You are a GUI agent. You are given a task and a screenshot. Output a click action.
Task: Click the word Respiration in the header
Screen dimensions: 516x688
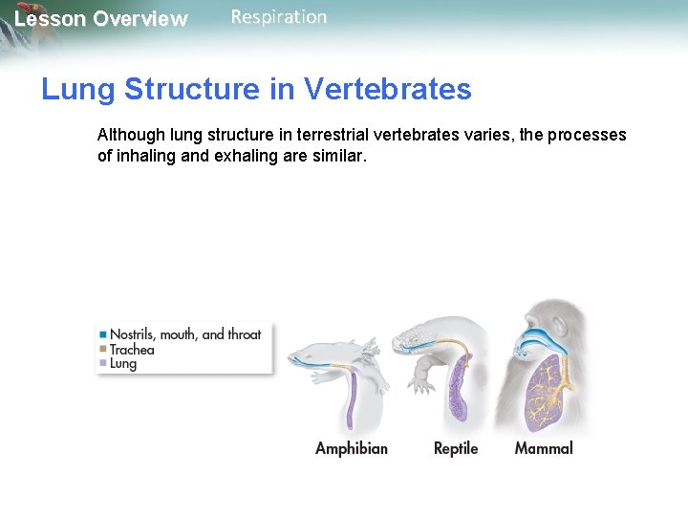pyautogui.click(x=278, y=17)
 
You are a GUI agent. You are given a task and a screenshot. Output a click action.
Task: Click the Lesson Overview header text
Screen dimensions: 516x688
pyautogui.click(x=101, y=19)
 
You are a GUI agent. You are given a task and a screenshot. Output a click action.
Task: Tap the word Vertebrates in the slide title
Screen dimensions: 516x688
pyautogui.click(x=387, y=89)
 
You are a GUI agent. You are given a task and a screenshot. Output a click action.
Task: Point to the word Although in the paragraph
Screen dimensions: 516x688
pyautogui.click(x=131, y=135)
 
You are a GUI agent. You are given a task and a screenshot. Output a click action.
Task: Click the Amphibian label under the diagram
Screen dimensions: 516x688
pyautogui.click(x=351, y=448)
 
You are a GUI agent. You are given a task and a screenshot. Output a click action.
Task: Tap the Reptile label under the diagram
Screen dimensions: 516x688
pyautogui.click(x=455, y=448)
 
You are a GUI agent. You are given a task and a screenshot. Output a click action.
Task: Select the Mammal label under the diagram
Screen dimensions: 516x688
pyautogui.click(x=543, y=448)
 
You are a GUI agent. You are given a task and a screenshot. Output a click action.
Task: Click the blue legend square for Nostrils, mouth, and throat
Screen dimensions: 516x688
pyautogui.click(x=103, y=334)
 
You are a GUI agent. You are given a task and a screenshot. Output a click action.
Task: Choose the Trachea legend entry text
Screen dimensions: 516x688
pyautogui.click(x=132, y=350)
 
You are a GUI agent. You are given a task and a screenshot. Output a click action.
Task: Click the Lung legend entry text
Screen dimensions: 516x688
pyautogui.click(x=123, y=364)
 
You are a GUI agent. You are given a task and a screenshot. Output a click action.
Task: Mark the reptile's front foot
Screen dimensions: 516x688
pyautogui.click(x=419, y=387)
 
